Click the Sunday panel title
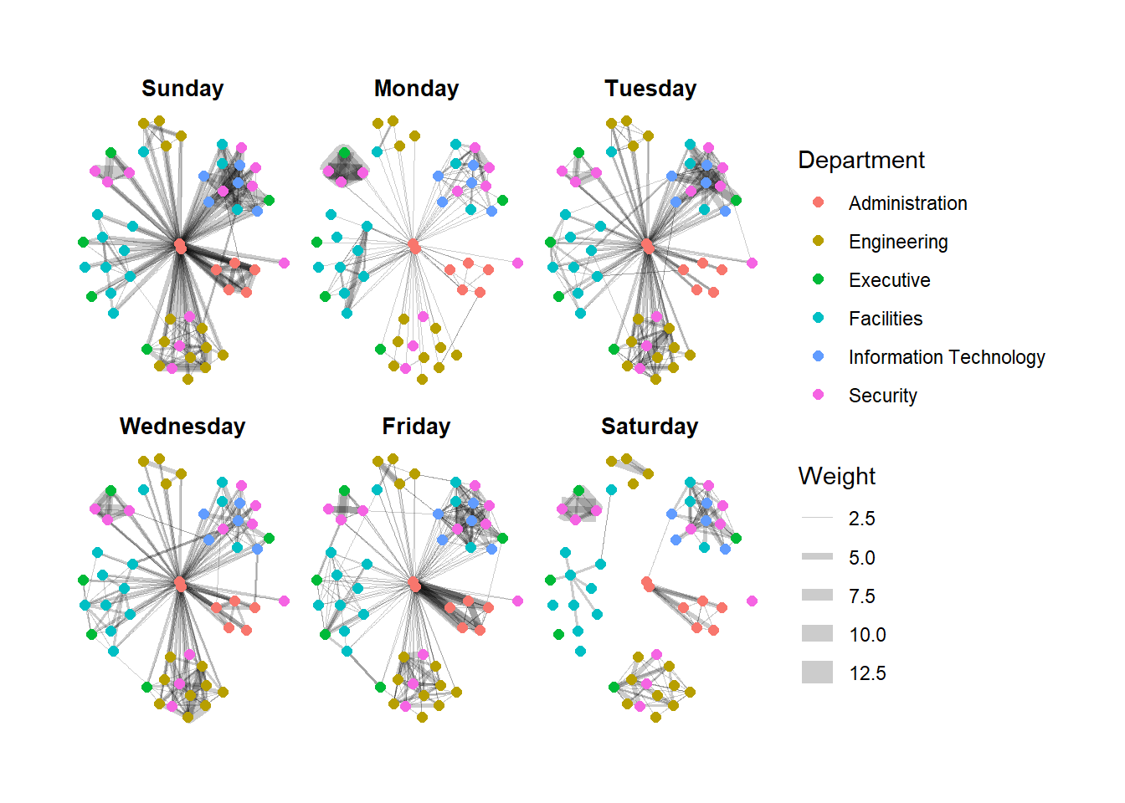pos(182,89)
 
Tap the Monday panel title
pos(416,89)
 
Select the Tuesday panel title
pos(650,89)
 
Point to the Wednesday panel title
pos(182,427)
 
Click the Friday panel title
pos(416,427)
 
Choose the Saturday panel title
pos(650,427)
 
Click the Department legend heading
pos(861,160)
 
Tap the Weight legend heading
pos(836,476)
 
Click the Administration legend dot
pos(819,202)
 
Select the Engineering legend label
pos(898,242)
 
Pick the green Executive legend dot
pos(819,279)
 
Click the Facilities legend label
pos(886,319)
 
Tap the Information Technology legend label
pos(947,357)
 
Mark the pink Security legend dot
pos(819,395)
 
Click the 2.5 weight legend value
pos(862,519)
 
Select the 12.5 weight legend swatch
pos(817,673)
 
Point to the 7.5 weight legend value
pos(862,596)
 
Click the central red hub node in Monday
pos(414,245)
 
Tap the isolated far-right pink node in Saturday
pos(752,601)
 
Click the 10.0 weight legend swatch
pos(817,634)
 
